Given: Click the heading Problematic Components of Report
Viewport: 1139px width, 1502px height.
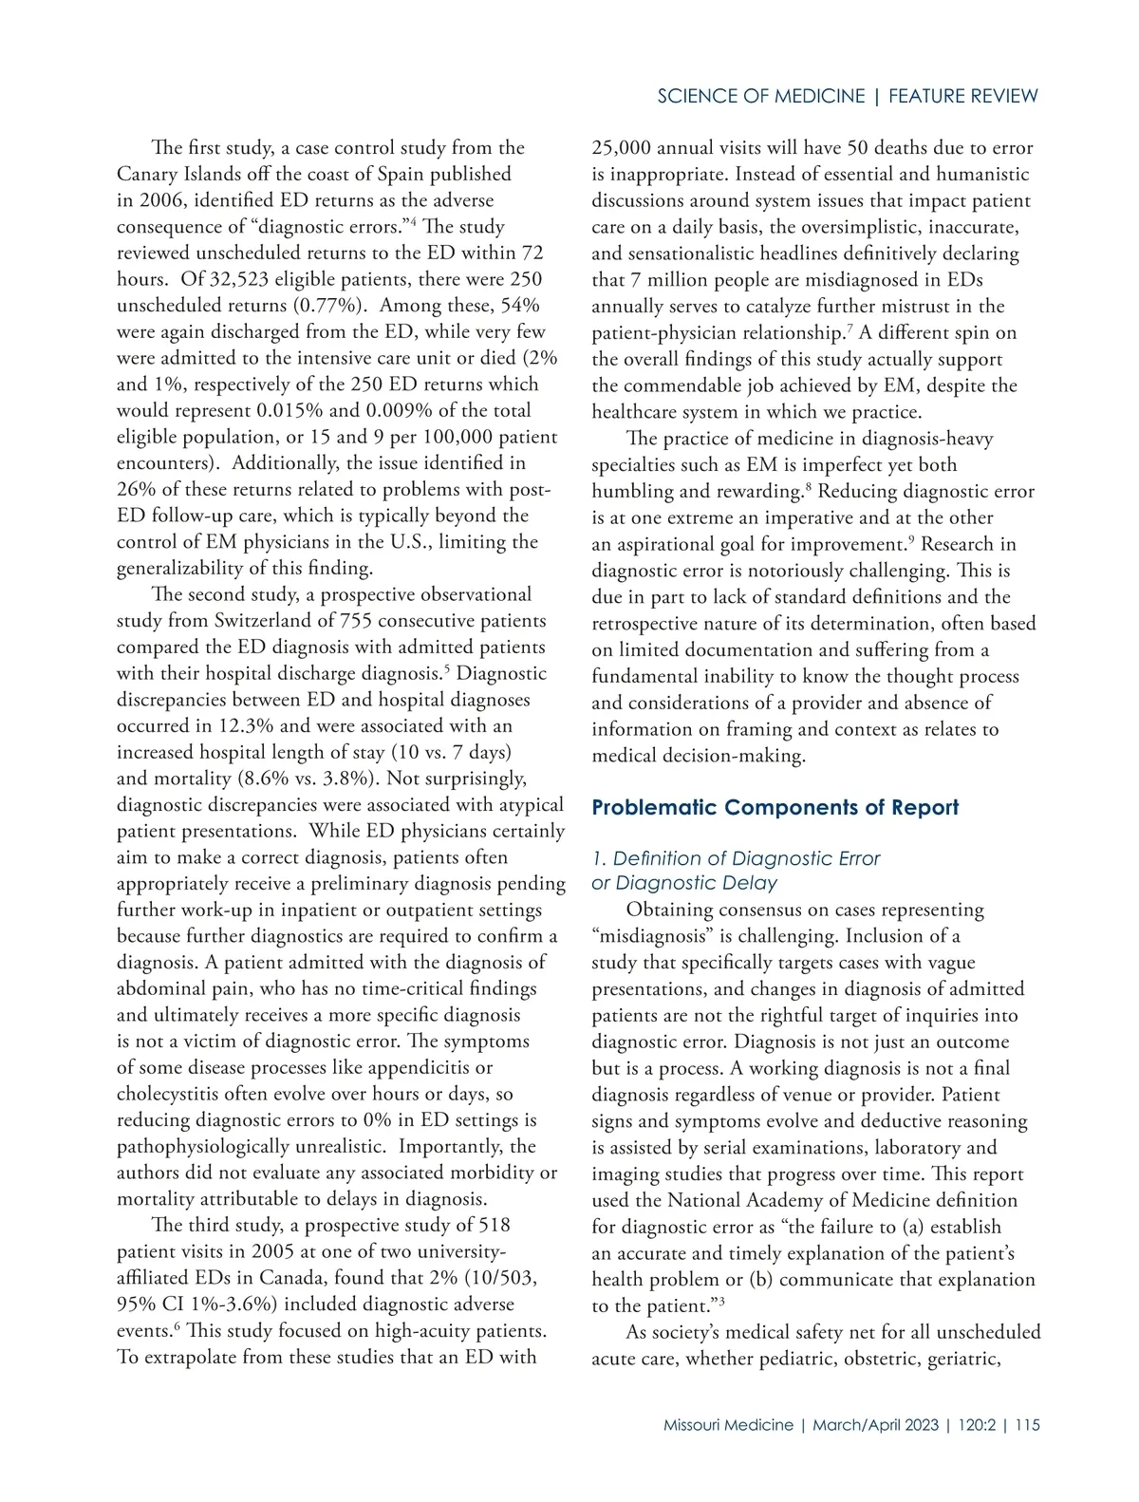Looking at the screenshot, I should pos(775,807).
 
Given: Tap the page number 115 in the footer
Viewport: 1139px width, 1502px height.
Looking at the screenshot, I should pos(1027,1425).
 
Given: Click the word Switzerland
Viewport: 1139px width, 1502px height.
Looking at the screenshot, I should pos(273,621).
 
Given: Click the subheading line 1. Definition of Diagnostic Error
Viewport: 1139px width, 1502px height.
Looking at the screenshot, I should pos(736,858).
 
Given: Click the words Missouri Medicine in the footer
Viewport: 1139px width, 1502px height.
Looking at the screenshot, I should pos(728,1425).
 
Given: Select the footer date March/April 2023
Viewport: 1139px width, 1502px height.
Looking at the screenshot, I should pos(875,1425).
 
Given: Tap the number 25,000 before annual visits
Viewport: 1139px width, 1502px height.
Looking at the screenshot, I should pos(622,147).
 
